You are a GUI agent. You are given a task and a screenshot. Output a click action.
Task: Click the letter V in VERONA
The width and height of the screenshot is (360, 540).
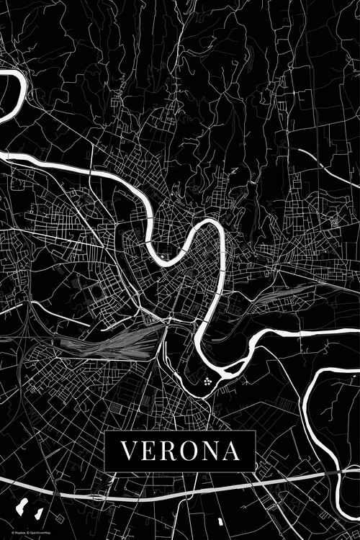pos(128,451)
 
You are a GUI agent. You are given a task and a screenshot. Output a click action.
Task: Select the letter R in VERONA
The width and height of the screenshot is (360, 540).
pos(169,451)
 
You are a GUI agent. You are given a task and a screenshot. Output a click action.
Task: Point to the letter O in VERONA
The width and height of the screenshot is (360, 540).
pos(190,451)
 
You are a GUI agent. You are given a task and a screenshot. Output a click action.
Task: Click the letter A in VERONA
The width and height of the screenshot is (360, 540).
pos(232,451)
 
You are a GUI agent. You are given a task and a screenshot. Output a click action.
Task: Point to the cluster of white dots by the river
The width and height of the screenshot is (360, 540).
pos(207,382)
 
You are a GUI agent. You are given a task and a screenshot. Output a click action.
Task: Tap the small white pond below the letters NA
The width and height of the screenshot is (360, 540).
pos(220,519)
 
